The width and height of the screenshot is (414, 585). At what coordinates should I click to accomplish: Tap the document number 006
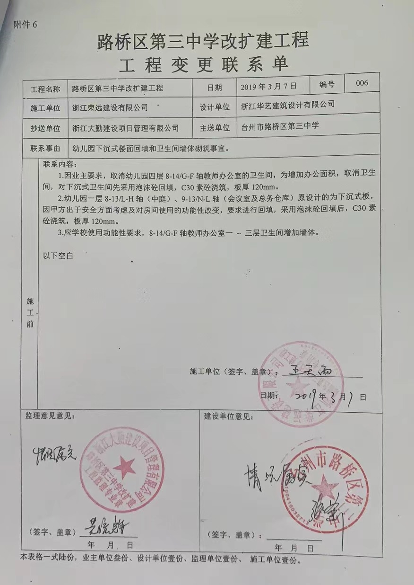pos(362,83)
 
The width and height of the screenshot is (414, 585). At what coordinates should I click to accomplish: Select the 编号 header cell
pos(327,84)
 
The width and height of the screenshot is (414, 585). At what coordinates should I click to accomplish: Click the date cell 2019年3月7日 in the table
pos(268,86)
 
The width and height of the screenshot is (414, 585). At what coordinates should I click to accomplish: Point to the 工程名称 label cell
pos(45,89)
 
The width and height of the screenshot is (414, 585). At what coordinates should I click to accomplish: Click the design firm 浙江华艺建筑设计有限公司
pos(287,104)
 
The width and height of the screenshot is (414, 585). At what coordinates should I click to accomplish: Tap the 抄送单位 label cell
pos(45,128)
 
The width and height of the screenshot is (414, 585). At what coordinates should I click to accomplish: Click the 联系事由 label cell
pos(45,148)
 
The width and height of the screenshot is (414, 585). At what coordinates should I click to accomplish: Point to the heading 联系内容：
pos(59,164)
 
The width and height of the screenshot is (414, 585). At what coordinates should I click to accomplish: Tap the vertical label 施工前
pos(30,312)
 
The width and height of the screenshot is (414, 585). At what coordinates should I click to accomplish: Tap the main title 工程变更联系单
pos(203,64)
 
